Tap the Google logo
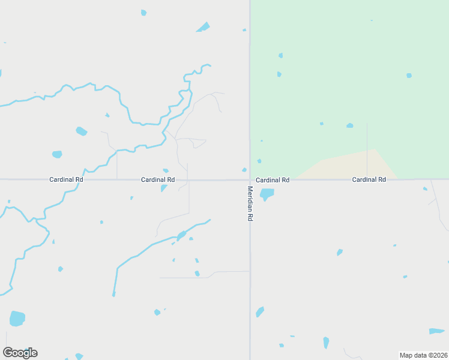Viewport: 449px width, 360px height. (20, 353)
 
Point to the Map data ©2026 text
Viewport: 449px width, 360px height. (423, 355)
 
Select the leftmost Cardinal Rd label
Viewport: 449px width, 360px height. (66, 179)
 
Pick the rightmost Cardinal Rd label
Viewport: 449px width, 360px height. (369, 179)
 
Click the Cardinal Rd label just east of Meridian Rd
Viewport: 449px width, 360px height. (273, 180)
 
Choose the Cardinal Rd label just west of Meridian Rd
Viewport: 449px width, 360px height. (158, 179)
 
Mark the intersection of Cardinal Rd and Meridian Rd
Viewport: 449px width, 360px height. (250, 179)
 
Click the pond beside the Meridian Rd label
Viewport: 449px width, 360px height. (266, 194)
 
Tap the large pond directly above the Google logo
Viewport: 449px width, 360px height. (17, 319)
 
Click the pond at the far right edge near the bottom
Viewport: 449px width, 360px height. (436, 331)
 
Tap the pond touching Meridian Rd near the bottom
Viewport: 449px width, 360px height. (260, 312)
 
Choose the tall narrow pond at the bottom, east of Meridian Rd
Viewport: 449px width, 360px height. (326, 343)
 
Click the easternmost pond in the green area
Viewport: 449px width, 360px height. (409, 76)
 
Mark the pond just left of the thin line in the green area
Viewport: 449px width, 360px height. (349, 125)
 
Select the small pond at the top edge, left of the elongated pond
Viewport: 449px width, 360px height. (143, 13)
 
